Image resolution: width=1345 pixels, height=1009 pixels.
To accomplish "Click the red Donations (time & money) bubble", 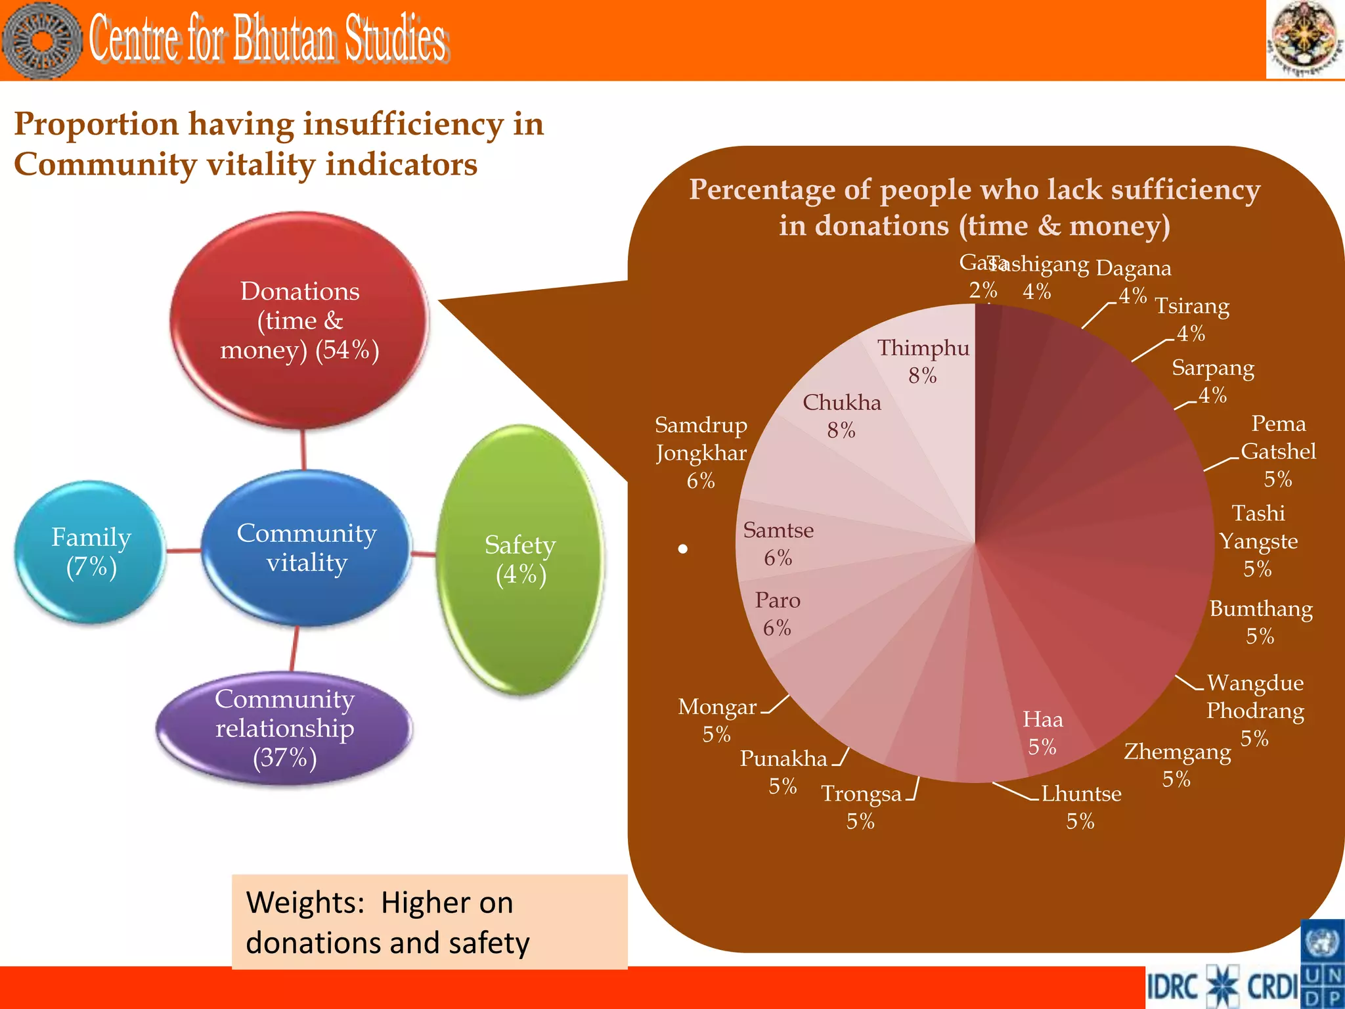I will (299, 321).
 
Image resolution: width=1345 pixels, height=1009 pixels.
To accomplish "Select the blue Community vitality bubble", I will (306, 548).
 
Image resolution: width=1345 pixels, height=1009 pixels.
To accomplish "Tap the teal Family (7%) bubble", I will (91, 552).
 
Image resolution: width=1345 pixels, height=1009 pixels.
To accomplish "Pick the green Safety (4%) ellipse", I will (520, 560).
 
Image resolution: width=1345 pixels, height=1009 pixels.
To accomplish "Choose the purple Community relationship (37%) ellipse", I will (285, 728).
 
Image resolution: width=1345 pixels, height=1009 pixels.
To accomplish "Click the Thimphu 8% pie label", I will (923, 361).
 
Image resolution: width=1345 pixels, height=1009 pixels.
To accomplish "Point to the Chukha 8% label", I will (841, 416).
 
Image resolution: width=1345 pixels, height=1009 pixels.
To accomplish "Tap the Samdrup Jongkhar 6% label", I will (701, 453).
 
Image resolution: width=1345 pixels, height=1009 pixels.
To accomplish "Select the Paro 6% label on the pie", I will (777, 614).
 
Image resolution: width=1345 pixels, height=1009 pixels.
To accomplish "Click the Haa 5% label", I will (1042, 733).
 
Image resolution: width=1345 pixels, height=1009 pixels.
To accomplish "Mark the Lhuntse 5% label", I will (1081, 807).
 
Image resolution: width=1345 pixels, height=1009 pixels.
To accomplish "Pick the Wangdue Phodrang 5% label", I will (1255, 710).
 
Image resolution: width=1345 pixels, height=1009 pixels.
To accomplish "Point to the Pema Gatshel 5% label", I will (1278, 451).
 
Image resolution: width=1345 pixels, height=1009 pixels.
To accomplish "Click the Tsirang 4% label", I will (1191, 319).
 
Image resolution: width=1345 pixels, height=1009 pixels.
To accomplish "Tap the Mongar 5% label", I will (717, 720).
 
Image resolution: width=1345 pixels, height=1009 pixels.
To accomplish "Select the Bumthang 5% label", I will (1261, 622).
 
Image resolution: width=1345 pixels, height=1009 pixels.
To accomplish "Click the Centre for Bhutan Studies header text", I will (268, 39).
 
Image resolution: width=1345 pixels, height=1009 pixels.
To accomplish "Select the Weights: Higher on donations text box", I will (430, 922).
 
